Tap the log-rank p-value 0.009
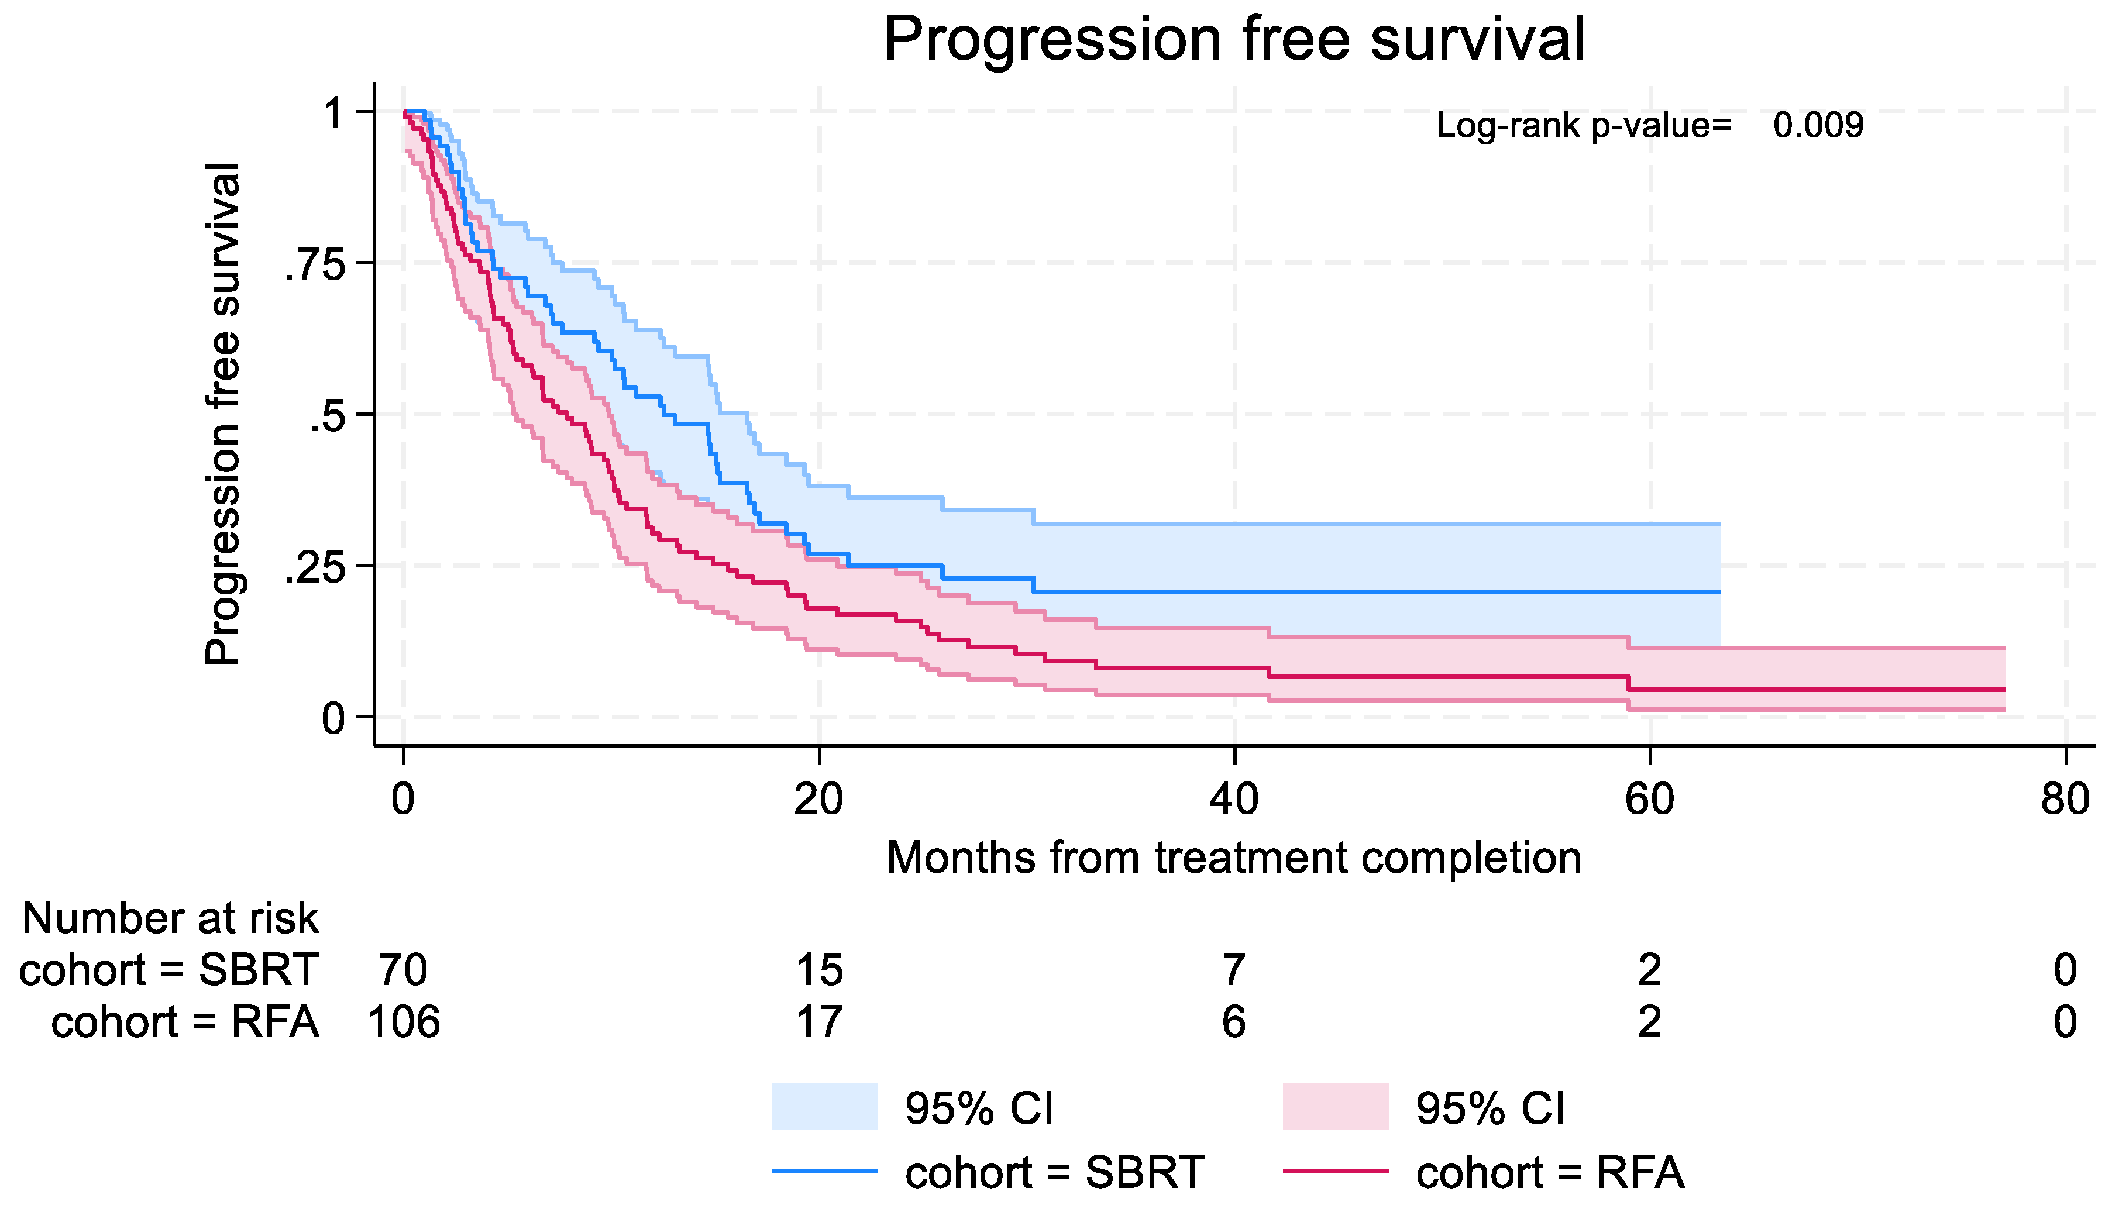coord(1818,126)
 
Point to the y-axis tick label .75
coord(315,266)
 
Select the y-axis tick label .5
coord(327,417)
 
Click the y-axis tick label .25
coord(315,569)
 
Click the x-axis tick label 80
coord(2065,800)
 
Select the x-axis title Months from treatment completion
coord(1233,858)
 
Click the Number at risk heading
coord(170,918)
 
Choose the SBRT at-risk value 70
coord(403,970)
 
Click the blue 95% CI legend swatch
coord(824,1107)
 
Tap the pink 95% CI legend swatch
coord(1334,1107)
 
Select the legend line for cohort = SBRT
coord(824,1171)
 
